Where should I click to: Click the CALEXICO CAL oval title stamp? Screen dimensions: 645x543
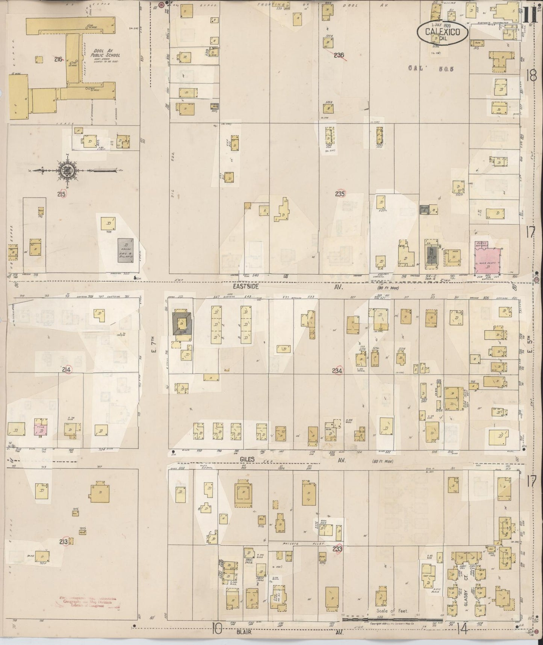442,33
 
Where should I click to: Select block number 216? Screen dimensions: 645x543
58,59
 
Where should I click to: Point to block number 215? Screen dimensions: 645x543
62,194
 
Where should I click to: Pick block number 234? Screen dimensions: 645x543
337,371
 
